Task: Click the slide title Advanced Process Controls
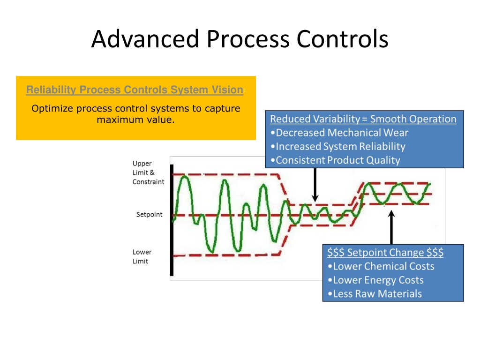240,39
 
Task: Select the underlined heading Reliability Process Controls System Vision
135,90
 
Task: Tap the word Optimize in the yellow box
52,109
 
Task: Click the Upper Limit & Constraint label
148,172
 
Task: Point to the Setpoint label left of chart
149,214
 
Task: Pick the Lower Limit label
142,256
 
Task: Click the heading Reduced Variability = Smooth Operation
363,119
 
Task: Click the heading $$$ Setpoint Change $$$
385,253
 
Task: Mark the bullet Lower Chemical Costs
381,266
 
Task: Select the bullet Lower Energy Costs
375,280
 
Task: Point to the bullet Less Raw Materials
375,294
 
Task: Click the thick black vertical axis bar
172,220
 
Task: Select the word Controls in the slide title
342,39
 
